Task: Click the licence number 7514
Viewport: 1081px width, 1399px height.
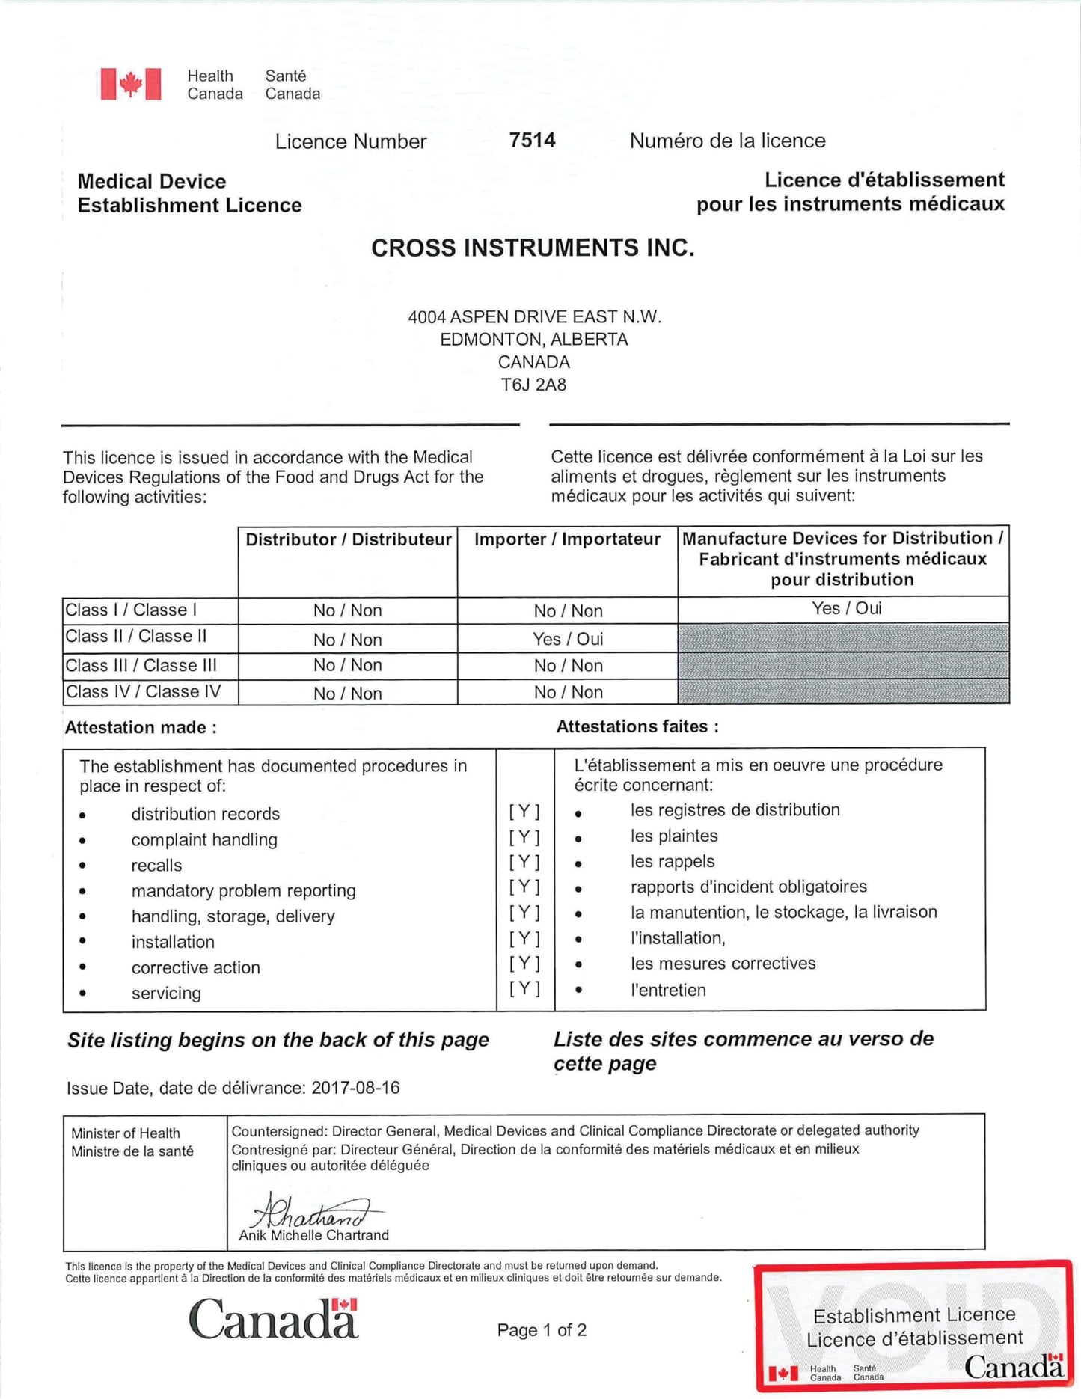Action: pos(532,140)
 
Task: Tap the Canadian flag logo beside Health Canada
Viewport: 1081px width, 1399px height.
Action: pos(131,84)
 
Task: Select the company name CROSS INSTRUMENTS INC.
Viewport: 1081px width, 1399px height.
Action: pos(533,248)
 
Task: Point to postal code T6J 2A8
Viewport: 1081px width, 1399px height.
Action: pos(533,385)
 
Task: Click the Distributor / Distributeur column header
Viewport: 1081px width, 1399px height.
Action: pos(348,539)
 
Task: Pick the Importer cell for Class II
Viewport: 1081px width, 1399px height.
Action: pos(568,639)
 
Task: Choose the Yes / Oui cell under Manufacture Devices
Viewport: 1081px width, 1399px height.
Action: pos(846,608)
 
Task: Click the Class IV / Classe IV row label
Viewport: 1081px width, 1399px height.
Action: pos(144,691)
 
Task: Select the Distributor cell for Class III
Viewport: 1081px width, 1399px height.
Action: pos(347,665)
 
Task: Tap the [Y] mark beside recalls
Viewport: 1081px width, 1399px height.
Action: pos(524,862)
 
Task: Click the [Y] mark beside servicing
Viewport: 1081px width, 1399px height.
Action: pos(524,988)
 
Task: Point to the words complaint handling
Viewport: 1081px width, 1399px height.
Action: pos(204,839)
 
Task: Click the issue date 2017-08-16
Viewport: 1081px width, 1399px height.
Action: pos(355,1087)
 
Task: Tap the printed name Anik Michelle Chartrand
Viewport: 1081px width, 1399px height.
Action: pos(313,1235)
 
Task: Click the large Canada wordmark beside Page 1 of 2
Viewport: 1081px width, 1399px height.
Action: pos(274,1319)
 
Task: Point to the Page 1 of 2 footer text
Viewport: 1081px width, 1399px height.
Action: pos(542,1329)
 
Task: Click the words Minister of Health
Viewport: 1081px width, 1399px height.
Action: pos(126,1133)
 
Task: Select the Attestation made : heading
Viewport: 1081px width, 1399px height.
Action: pos(141,727)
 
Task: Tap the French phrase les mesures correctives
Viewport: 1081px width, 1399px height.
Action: pos(723,963)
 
